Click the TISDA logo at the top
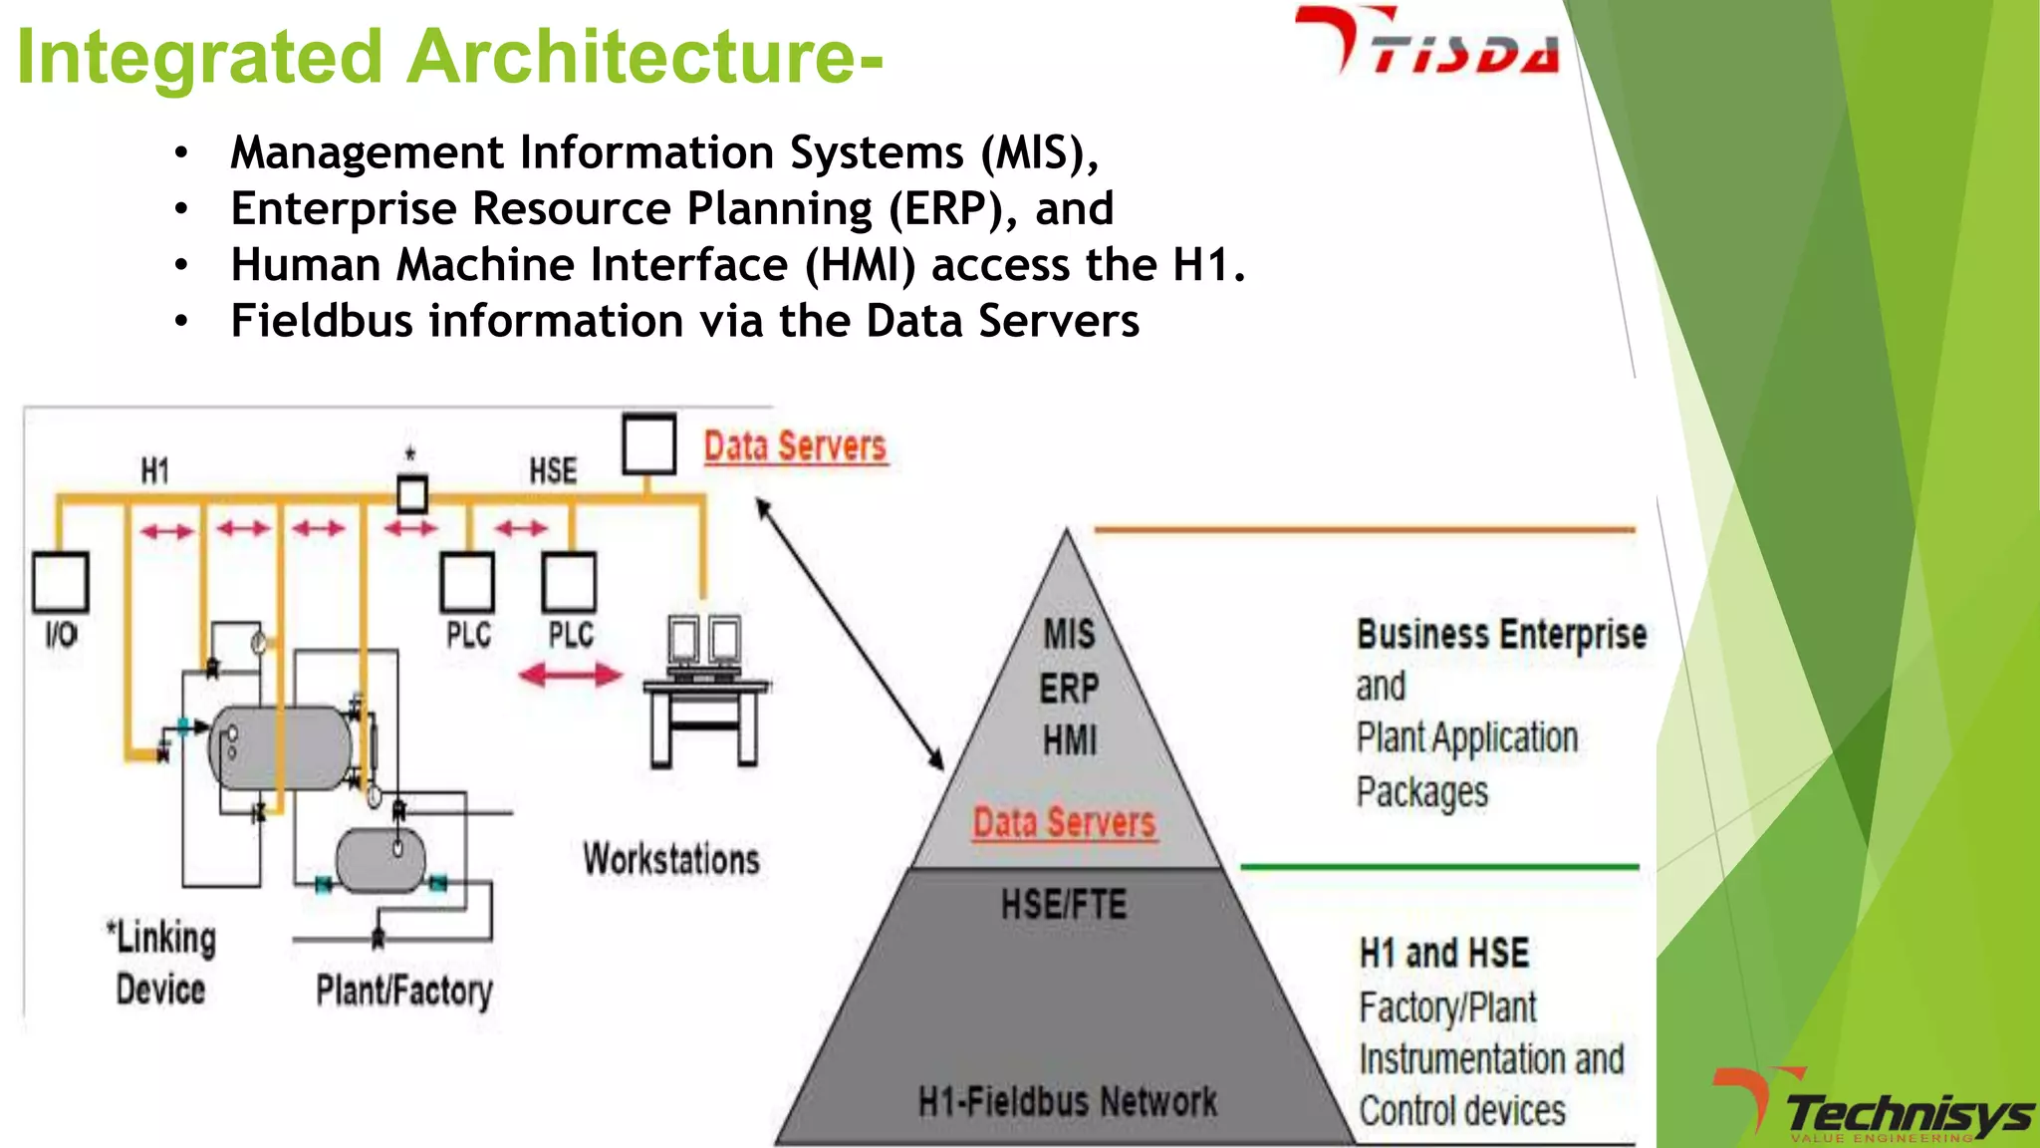click(x=1426, y=42)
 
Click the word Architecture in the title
click(x=629, y=57)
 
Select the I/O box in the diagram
click(x=61, y=583)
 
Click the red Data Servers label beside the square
click(x=794, y=447)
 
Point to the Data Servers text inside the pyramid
click(x=1064, y=823)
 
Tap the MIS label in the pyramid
click(x=1069, y=634)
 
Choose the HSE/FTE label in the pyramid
click(x=1064, y=905)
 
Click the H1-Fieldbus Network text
click(x=1067, y=1102)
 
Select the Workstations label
click(x=671, y=860)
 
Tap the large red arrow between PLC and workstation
click(x=570, y=676)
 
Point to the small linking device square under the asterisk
click(x=412, y=494)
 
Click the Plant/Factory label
click(x=404, y=991)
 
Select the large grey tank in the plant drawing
click(x=280, y=747)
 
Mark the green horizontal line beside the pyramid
click(x=1438, y=867)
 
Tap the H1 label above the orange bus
click(x=154, y=470)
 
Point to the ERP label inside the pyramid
click(x=1069, y=688)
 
